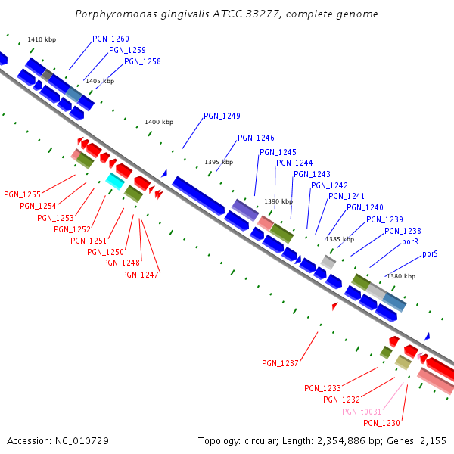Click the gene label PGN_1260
coord(110,39)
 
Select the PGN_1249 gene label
coord(222,116)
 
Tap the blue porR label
coord(410,242)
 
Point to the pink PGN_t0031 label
coord(360,412)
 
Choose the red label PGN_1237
coord(280,363)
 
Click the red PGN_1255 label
coord(22,194)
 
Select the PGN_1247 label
coord(140,275)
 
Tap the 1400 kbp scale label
coord(159,122)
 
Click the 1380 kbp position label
coord(401,276)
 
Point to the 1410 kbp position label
coord(42,39)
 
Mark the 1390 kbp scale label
coord(278,201)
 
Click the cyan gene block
coord(115,181)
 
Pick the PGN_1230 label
coord(381,423)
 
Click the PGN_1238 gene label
coord(403,231)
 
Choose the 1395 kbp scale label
coord(219,162)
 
